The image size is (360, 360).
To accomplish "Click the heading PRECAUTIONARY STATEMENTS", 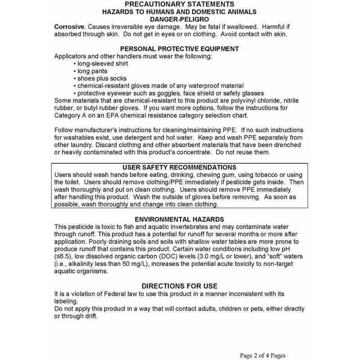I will pyautogui.click(x=180, y=4).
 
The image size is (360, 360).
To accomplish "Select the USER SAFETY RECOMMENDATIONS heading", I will pyautogui.click(x=180, y=167).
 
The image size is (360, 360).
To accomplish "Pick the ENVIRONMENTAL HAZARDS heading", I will pyautogui.click(x=180, y=220).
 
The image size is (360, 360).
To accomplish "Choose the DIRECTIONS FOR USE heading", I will pyautogui.click(x=180, y=286).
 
